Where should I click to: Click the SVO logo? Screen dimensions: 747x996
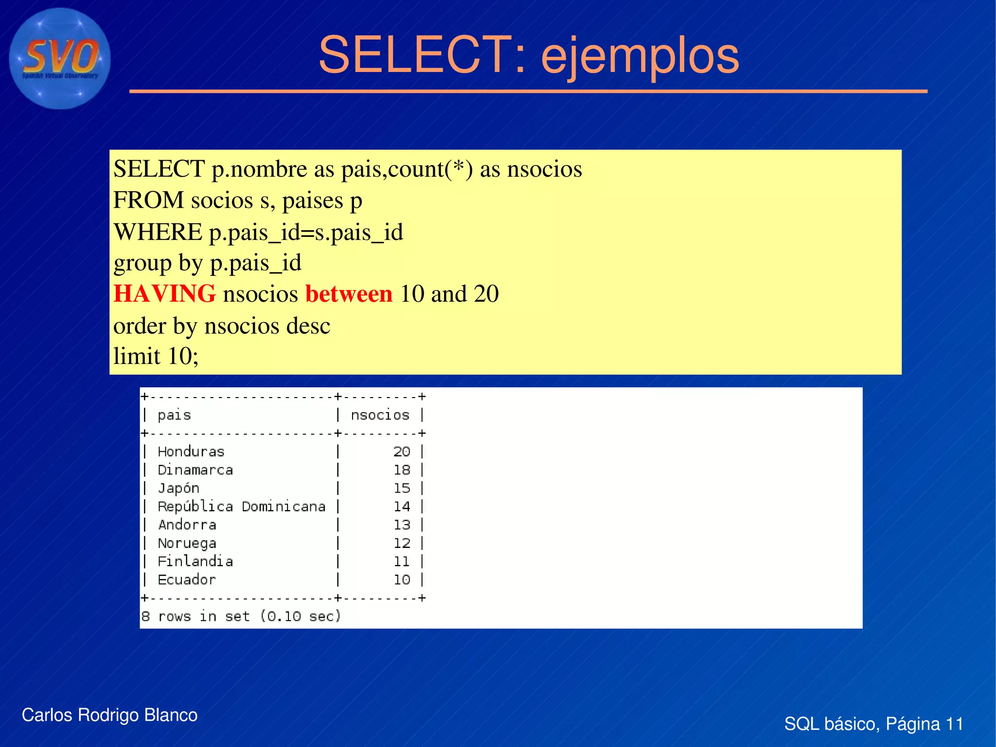(x=60, y=58)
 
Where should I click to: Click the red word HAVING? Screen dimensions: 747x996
(x=164, y=294)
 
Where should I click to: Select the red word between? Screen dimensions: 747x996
(x=349, y=294)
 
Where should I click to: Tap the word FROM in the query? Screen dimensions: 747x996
(x=148, y=200)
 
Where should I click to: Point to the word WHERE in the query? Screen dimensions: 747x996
(x=158, y=232)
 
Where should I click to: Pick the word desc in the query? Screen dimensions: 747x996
(x=308, y=326)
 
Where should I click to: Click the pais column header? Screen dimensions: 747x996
(x=174, y=415)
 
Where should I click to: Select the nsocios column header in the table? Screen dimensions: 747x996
(x=380, y=415)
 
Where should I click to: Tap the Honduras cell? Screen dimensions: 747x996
(x=191, y=452)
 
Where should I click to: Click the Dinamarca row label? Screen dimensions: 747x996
(x=195, y=470)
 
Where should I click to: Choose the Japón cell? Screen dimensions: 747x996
(x=178, y=488)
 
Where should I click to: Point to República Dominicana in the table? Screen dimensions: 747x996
(x=242, y=507)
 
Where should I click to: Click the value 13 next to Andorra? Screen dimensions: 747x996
(x=402, y=525)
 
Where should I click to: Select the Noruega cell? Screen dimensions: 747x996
(x=187, y=543)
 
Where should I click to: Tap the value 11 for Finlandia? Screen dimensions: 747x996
(x=402, y=562)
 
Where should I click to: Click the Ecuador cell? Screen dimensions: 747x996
(x=187, y=580)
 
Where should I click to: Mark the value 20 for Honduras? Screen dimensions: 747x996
(x=402, y=452)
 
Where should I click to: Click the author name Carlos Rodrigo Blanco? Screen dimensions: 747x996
(x=109, y=715)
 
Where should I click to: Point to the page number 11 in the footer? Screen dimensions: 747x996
(x=954, y=724)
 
